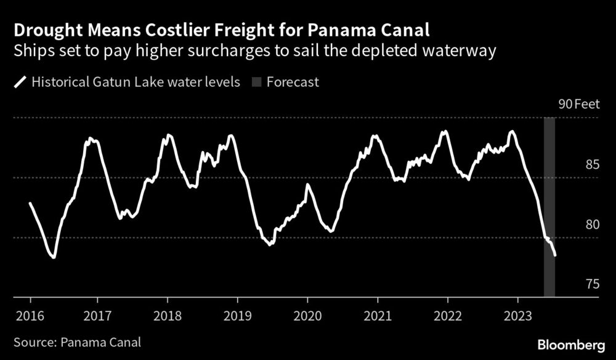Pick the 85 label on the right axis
pyautogui.click(x=593, y=165)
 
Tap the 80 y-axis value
pyautogui.click(x=593, y=224)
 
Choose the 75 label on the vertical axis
pyautogui.click(x=593, y=284)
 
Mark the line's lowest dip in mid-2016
pyautogui.click(x=54, y=258)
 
